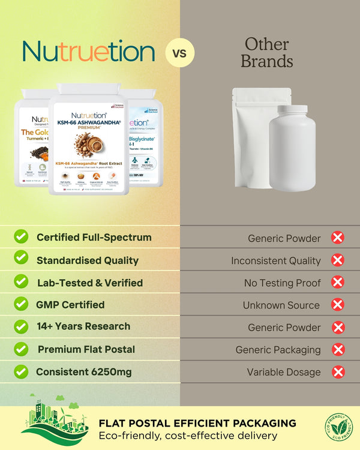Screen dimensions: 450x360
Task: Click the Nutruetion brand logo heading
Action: [88, 53]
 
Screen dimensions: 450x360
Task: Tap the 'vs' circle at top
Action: [179, 53]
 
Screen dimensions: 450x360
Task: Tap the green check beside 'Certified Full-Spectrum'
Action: [21, 237]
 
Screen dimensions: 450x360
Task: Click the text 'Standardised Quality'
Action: [87, 260]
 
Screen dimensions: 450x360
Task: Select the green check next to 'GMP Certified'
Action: [21, 304]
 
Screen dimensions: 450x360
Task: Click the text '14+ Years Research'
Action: [83, 326]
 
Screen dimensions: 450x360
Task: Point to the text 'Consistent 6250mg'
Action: [83, 372]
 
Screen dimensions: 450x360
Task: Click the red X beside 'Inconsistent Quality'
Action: [338, 260]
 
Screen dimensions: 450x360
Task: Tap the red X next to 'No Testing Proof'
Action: [338, 283]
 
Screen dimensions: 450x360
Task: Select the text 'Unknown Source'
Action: [281, 305]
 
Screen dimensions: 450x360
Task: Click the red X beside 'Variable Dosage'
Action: [338, 372]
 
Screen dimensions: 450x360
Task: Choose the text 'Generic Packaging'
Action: [278, 350]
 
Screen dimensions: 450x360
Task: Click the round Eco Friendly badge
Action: [339, 427]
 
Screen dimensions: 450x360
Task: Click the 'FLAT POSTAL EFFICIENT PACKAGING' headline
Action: [197, 423]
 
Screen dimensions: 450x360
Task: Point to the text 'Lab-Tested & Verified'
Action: [89, 283]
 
